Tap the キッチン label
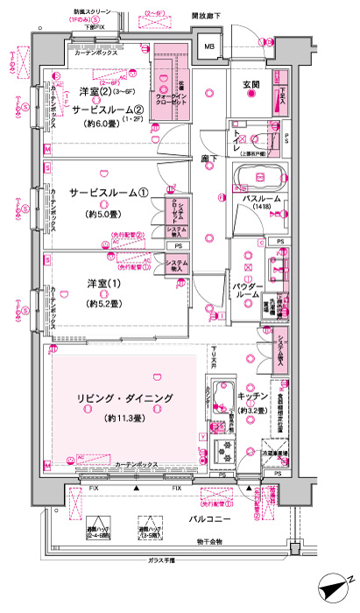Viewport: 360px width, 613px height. pyautogui.click(x=252, y=395)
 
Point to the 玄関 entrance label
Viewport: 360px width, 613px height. pyautogui.click(x=249, y=83)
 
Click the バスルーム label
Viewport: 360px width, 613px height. pyautogui.click(x=261, y=200)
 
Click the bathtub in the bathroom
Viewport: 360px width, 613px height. pyautogui.click(x=258, y=176)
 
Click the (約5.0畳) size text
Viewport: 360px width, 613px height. pyautogui.click(x=102, y=214)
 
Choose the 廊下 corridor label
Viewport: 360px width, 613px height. pyautogui.click(x=208, y=159)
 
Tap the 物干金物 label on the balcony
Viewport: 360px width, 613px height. pyautogui.click(x=209, y=543)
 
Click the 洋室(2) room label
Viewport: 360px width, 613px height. pyautogui.click(x=93, y=92)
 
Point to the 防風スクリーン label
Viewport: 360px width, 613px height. pyautogui.click(x=91, y=16)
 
